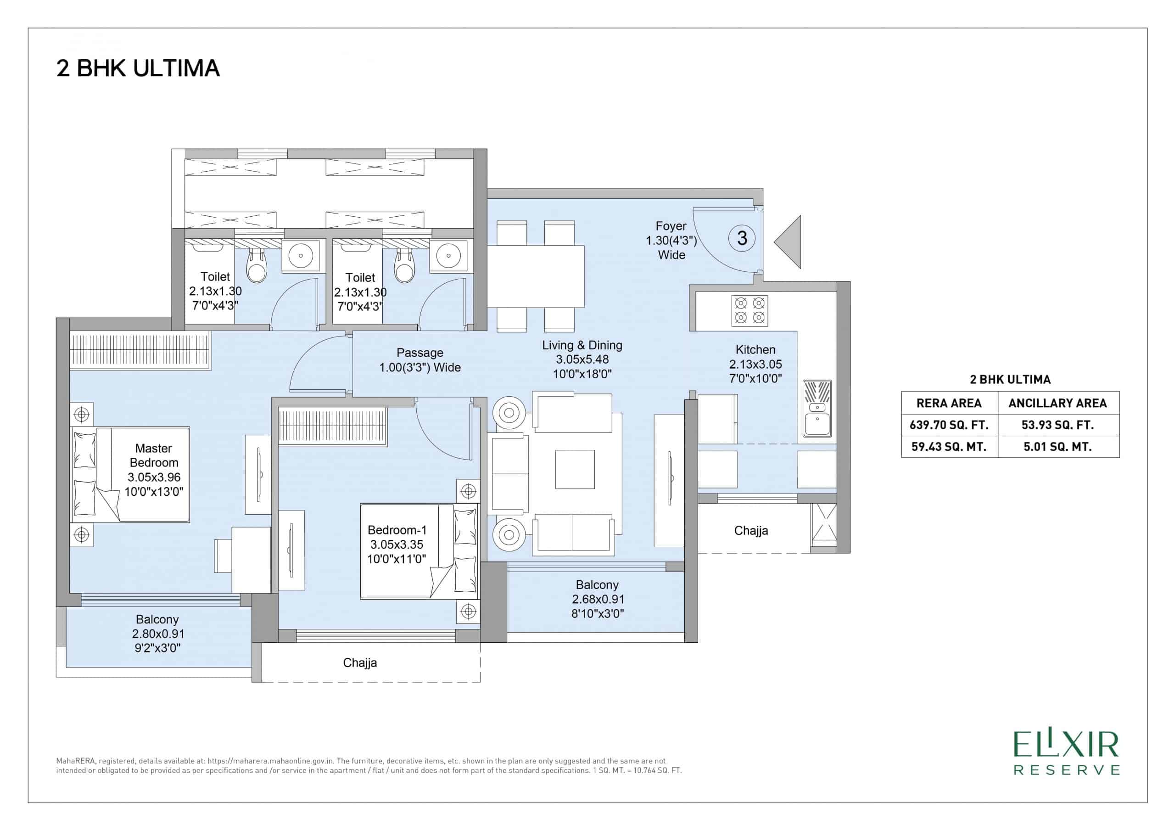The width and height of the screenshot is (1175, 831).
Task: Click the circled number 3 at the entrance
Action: pos(742,238)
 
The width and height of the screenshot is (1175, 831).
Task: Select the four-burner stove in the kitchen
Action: pos(749,310)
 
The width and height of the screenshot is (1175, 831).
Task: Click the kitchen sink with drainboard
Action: pos(817,408)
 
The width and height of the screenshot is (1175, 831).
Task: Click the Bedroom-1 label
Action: pos(397,530)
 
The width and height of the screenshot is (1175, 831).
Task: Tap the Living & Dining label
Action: pos(582,345)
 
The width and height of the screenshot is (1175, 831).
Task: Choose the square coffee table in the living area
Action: pos(575,469)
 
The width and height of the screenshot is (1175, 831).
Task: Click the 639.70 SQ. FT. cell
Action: pos(949,425)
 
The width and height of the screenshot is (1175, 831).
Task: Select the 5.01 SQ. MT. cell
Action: pos(1057,446)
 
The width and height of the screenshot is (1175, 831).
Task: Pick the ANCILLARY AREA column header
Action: pos(1057,403)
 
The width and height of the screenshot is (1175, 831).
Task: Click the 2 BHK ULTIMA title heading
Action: pos(138,68)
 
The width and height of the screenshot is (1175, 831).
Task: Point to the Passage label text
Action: pos(420,353)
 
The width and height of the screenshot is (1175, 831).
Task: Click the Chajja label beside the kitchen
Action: pos(751,530)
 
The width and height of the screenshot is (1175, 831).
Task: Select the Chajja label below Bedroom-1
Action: pos(360,663)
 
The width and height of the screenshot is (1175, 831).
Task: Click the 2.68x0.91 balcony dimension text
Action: pos(597,599)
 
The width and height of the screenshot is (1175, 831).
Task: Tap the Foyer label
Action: pos(671,226)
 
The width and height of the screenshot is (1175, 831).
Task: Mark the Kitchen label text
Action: pos(755,350)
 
